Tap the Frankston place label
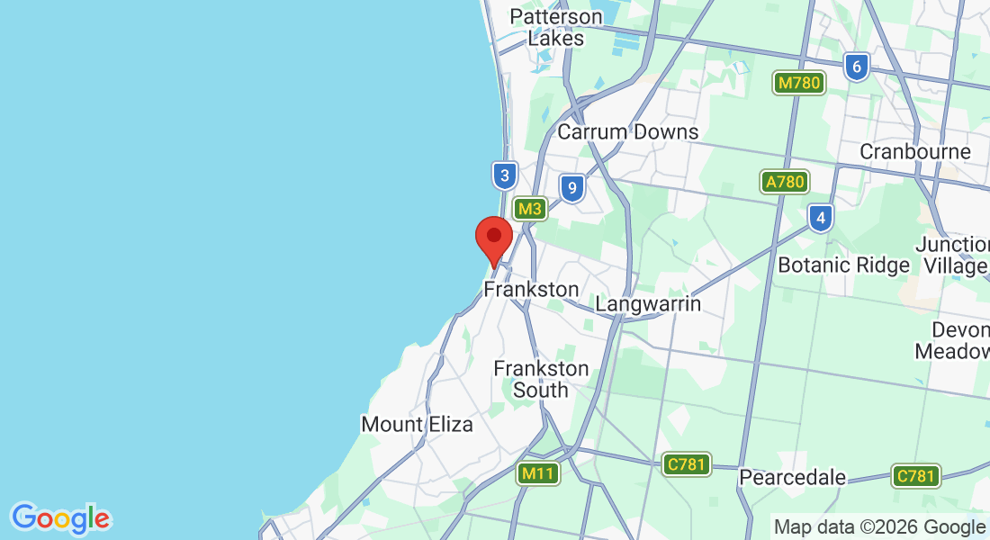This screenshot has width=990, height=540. [531, 289]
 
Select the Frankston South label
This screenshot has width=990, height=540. [541, 379]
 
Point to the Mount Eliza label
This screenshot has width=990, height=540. [417, 424]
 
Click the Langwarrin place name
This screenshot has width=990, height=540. [648, 303]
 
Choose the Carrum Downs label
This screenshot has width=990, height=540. [627, 131]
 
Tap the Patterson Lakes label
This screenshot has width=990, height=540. [555, 28]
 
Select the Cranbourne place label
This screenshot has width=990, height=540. [915, 151]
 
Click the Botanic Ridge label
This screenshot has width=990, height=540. [843, 265]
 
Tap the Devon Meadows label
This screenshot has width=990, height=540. [954, 340]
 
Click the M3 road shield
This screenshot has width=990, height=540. [531, 209]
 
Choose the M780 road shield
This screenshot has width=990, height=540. [799, 84]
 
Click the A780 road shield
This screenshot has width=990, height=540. [784, 182]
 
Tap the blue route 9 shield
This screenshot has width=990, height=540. [571, 188]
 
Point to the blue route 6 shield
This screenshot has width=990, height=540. [857, 66]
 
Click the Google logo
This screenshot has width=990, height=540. [60, 518]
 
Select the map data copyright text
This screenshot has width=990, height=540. [879, 527]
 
